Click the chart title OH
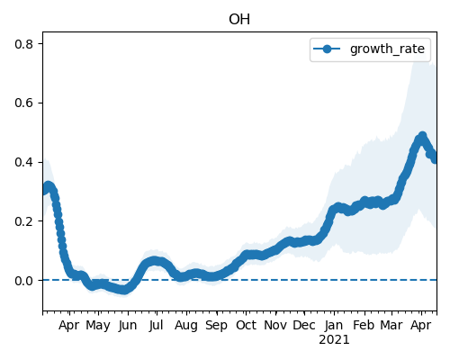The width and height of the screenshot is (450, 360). click(239, 20)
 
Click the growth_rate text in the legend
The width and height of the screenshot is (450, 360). click(387, 49)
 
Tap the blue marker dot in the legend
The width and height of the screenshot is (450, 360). click(327, 49)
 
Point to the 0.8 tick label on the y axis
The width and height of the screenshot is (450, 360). click(23, 44)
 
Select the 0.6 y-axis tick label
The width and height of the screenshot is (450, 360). click(23, 103)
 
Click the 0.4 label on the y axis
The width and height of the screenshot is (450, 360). click(23, 162)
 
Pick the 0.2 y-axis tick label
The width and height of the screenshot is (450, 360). click(23, 221)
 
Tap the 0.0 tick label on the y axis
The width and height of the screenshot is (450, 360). click(23, 281)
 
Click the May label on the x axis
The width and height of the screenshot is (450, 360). click(98, 326)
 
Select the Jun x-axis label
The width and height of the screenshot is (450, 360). click(128, 326)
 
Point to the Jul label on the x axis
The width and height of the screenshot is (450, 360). click(156, 325)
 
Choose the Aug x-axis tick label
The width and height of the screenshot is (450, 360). click(186, 326)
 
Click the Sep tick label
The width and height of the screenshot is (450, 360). click(216, 326)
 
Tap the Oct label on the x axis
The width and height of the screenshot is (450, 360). click(246, 325)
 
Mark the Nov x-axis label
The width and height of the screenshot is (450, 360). click(275, 325)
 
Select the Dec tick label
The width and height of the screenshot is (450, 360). click(304, 325)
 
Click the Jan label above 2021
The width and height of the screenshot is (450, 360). click(334, 325)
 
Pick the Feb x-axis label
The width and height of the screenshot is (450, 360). click(364, 325)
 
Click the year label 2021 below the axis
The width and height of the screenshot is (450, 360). click(334, 340)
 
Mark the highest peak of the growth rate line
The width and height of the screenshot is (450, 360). click(422, 136)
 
